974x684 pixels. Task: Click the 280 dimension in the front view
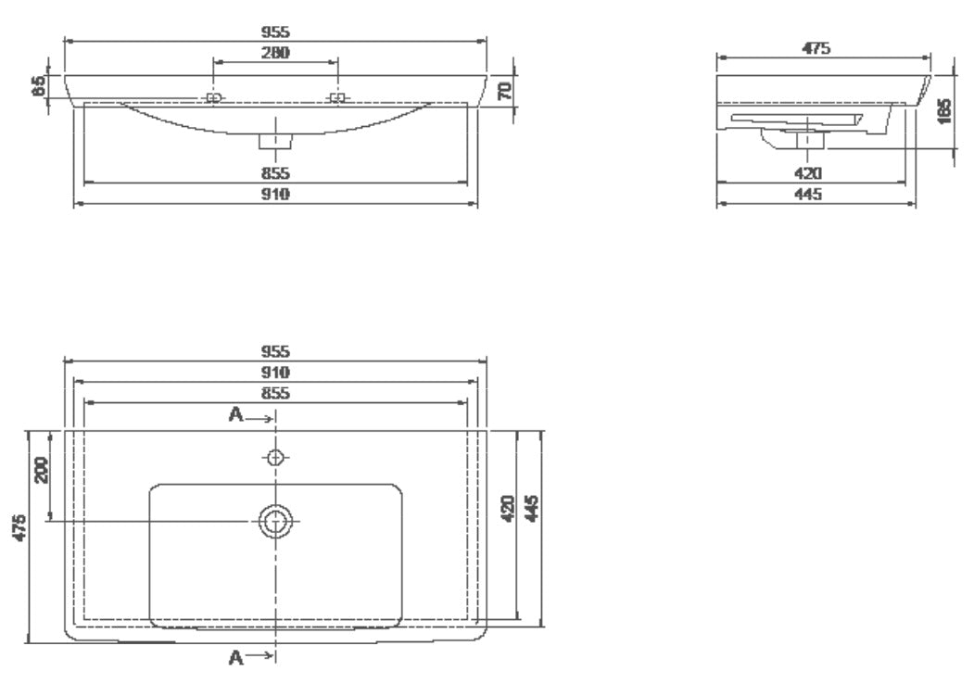click(x=275, y=52)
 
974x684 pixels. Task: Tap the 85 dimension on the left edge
click(x=39, y=86)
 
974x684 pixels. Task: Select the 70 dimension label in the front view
click(x=505, y=91)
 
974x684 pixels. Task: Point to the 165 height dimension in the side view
click(x=944, y=111)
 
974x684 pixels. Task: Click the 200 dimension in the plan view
click(x=41, y=470)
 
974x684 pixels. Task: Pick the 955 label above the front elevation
click(x=275, y=32)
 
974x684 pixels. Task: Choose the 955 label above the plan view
click(x=275, y=351)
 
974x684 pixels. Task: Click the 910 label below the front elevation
click(x=275, y=195)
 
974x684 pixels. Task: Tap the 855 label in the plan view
click(x=275, y=393)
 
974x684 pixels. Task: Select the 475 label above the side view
click(x=816, y=48)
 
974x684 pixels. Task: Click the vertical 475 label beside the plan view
click(x=19, y=527)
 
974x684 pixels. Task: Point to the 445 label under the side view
click(x=808, y=195)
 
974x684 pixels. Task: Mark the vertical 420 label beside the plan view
click(x=508, y=508)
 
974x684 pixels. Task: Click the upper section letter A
click(x=235, y=414)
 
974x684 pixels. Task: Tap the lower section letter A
click(x=235, y=657)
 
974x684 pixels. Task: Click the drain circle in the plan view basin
click(x=275, y=521)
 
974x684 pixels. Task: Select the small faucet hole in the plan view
click(x=275, y=458)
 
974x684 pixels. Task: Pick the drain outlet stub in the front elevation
click(x=275, y=141)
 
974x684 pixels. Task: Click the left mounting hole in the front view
click(x=213, y=98)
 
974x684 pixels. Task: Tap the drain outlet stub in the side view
click(x=810, y=141)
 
